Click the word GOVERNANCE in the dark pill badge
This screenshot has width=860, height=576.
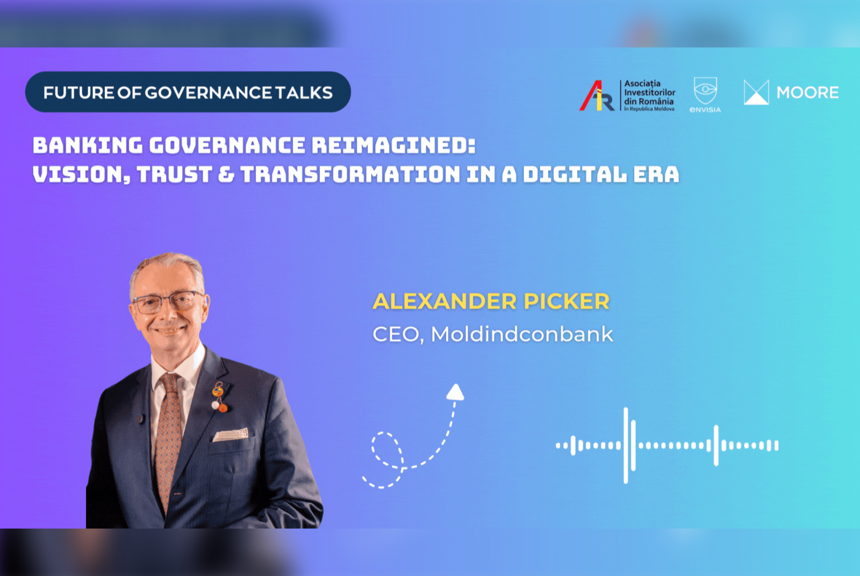click(209, 93)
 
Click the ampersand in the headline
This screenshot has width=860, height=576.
click(226, 174)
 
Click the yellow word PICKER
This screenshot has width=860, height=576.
click(567, 302)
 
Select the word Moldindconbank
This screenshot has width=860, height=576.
click(522, 334)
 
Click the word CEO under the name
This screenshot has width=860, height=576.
click(396, 334)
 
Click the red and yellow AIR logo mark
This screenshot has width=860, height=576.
click(597, 96)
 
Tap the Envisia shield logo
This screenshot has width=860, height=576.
click(705, 91)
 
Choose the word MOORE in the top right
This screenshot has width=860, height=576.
click(807, 93)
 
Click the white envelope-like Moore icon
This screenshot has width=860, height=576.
click(756, 92)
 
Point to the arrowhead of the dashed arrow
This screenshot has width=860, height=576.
click(455, 392)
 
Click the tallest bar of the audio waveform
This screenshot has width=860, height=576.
click(626, 446)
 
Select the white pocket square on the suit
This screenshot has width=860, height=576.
click(231, 434)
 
